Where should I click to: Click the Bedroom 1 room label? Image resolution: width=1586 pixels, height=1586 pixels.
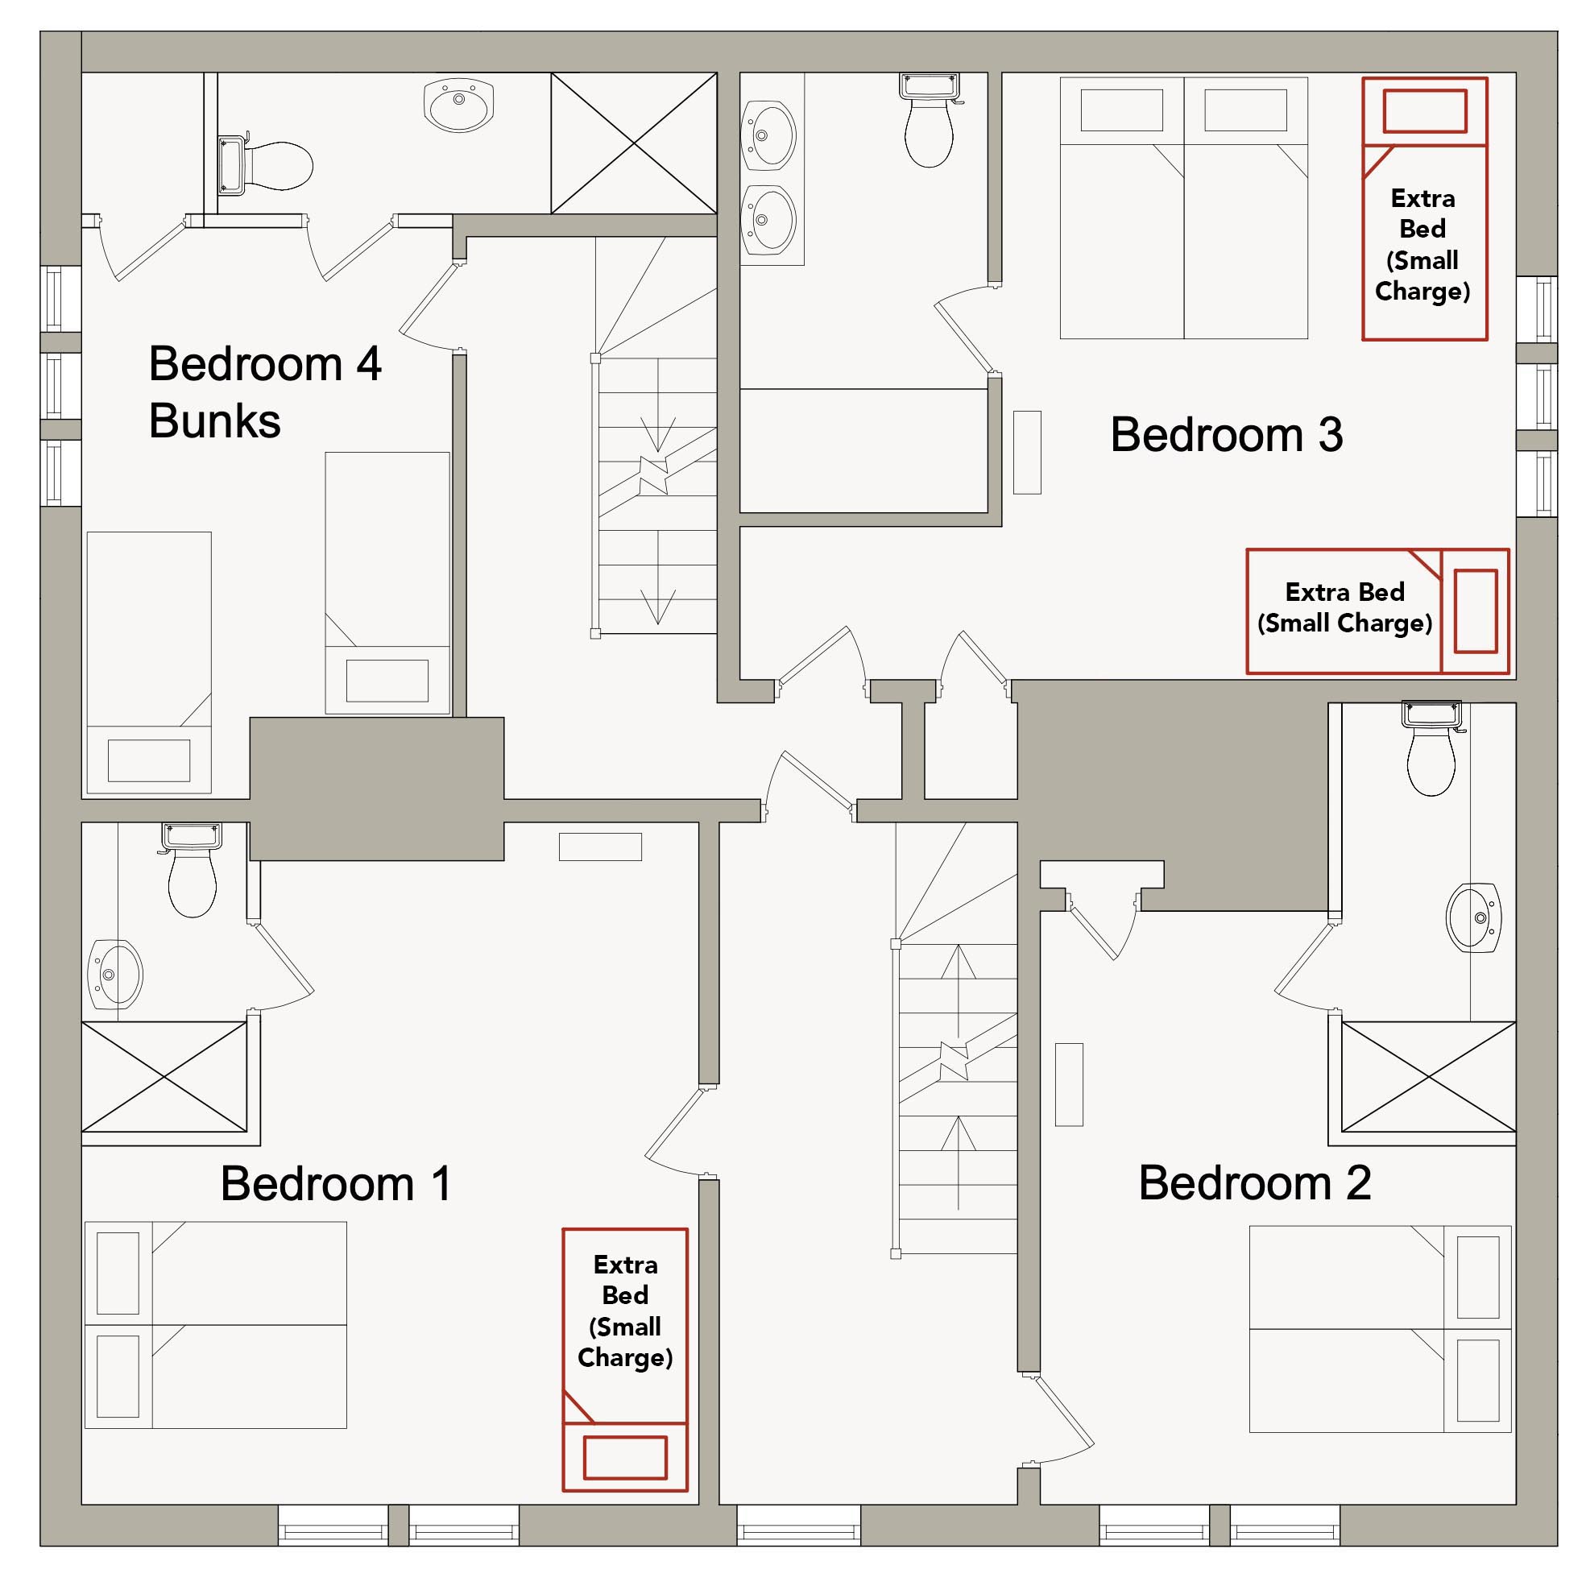(336, 1184)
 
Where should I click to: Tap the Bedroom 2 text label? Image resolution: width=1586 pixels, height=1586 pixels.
(1254, 1183)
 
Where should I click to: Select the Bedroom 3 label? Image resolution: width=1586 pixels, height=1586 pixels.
(1227, 434)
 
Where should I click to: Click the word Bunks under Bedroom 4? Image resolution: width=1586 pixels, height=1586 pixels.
(215, 421)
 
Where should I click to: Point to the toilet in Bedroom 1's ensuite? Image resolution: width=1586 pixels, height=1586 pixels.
(191, 870)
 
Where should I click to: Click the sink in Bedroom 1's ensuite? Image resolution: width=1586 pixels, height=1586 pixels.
(116, 975)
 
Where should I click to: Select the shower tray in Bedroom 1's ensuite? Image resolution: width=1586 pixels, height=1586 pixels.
(164, 1076)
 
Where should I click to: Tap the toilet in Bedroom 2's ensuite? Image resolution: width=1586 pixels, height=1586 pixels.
(1431, 747)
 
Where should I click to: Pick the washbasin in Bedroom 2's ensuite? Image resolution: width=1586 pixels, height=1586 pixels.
(1473, 917)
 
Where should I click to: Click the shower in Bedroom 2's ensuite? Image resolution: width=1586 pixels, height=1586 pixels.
(1428, 1076)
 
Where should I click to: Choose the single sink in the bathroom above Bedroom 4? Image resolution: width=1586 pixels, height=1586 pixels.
(459, 105)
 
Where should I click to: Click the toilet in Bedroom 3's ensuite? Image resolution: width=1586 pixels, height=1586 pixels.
(930, 120)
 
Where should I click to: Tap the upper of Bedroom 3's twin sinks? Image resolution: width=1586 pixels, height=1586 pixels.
(768, 136)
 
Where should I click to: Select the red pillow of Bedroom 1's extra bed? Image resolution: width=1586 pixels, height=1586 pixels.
(625, 1459)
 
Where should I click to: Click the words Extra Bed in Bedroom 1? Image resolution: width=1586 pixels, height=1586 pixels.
(626, 1280)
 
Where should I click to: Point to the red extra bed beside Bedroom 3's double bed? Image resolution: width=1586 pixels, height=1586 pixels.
(1425, 209)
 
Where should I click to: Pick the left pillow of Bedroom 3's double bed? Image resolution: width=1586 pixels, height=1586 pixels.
(1121, 110)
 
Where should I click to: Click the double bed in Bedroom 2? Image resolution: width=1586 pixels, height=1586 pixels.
(1380, 1329)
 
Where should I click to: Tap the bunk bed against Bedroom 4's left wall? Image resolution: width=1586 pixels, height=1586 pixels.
(148, 662)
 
